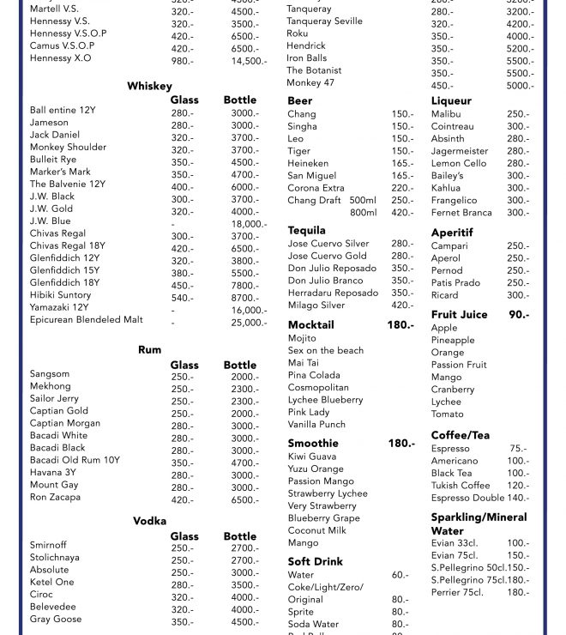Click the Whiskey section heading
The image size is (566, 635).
149,87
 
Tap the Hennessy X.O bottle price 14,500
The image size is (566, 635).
249,61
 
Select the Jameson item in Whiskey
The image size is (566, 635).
49,123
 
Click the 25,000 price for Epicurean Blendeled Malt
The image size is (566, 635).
249,323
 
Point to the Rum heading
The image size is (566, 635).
149,350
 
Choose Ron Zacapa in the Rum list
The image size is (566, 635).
55,498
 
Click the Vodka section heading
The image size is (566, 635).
149,522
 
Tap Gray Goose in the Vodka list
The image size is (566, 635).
56,620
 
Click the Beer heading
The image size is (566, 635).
300,101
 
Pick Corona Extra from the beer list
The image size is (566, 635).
316,188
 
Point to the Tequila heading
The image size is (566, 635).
306,231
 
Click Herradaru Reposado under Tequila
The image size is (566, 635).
333,293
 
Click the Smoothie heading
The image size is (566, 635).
313,444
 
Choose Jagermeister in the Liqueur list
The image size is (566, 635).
460,151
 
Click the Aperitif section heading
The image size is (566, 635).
452,233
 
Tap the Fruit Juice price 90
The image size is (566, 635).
519,315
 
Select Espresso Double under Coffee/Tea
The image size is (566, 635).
467,498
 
